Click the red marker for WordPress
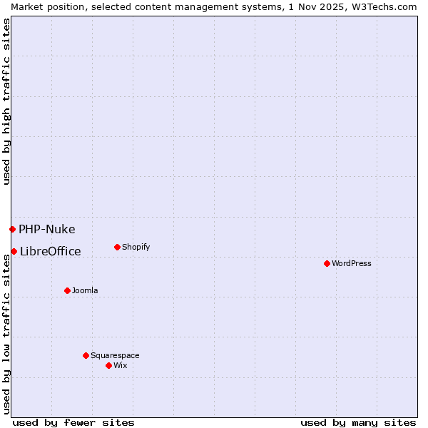[x=327, y=263]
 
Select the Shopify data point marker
[x=117, y=247]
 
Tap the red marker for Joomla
[x=67, y=290]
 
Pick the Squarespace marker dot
[x=86, y=355]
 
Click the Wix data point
[x=108, y=365]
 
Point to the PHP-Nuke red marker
[x=12, y=229]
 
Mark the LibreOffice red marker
[x=14, y=251]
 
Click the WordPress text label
[x=352, y=263]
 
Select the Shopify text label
[x=136, y=247]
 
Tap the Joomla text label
[x=85, y=290]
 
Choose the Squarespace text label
[x=115, y=355]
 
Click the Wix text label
[x=121, y=365]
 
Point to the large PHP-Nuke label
[x=47, y=229]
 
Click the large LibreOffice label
[x=51, y=251]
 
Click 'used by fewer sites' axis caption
[x=73, y=422]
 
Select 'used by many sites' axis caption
[x=358, y=422]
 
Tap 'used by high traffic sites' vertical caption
[x=6, y=101]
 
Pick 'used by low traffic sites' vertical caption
[x=6, y=334]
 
